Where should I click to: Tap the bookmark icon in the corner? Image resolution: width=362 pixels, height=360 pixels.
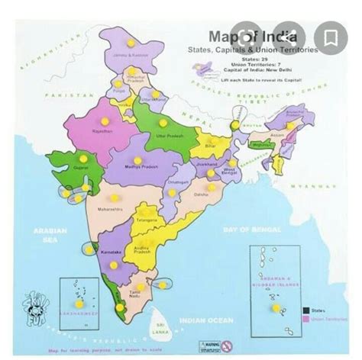tap(331, 36)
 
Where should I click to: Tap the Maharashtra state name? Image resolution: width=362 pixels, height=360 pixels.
tap(109, 207)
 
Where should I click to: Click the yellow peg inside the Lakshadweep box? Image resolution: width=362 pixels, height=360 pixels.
tap(79, 303)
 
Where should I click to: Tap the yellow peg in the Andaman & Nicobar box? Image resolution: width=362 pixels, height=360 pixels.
tap(274, 307)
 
